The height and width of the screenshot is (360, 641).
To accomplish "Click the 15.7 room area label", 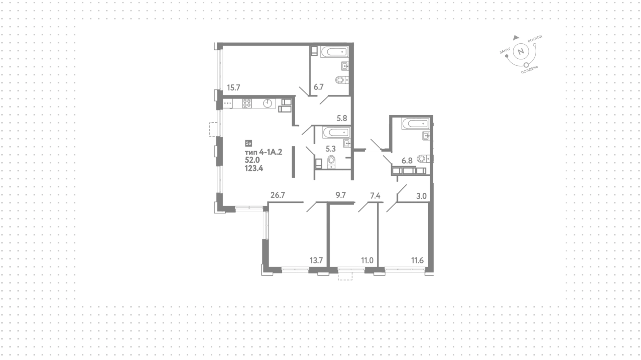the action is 234,88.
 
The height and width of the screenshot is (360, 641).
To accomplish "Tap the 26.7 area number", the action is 277,195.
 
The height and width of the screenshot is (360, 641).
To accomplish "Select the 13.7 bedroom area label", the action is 316,260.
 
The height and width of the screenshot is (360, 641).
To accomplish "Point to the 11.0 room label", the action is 367,260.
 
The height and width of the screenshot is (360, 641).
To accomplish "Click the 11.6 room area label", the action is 417,260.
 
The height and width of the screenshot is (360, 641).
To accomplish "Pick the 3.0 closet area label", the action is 422,196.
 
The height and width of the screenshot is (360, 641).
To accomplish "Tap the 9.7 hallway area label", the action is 341,195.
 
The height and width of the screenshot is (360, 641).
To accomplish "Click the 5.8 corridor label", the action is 342,118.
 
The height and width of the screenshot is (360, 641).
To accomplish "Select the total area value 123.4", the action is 254,168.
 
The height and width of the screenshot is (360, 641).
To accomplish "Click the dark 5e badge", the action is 248,143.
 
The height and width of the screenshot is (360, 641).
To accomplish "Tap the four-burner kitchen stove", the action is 247,104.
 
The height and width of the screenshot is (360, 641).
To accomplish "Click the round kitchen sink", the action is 268,104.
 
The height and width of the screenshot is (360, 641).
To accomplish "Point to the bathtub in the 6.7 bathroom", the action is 334,52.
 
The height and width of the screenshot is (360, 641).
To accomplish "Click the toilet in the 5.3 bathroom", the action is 331,161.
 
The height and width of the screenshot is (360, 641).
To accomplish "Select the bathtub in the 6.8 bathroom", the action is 416,124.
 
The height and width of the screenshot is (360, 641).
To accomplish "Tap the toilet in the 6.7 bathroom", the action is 342,80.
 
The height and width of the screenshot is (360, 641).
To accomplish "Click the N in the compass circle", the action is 520,52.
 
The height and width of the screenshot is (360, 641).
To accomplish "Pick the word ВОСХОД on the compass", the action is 535,38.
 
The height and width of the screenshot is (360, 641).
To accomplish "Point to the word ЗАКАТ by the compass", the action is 505,51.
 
